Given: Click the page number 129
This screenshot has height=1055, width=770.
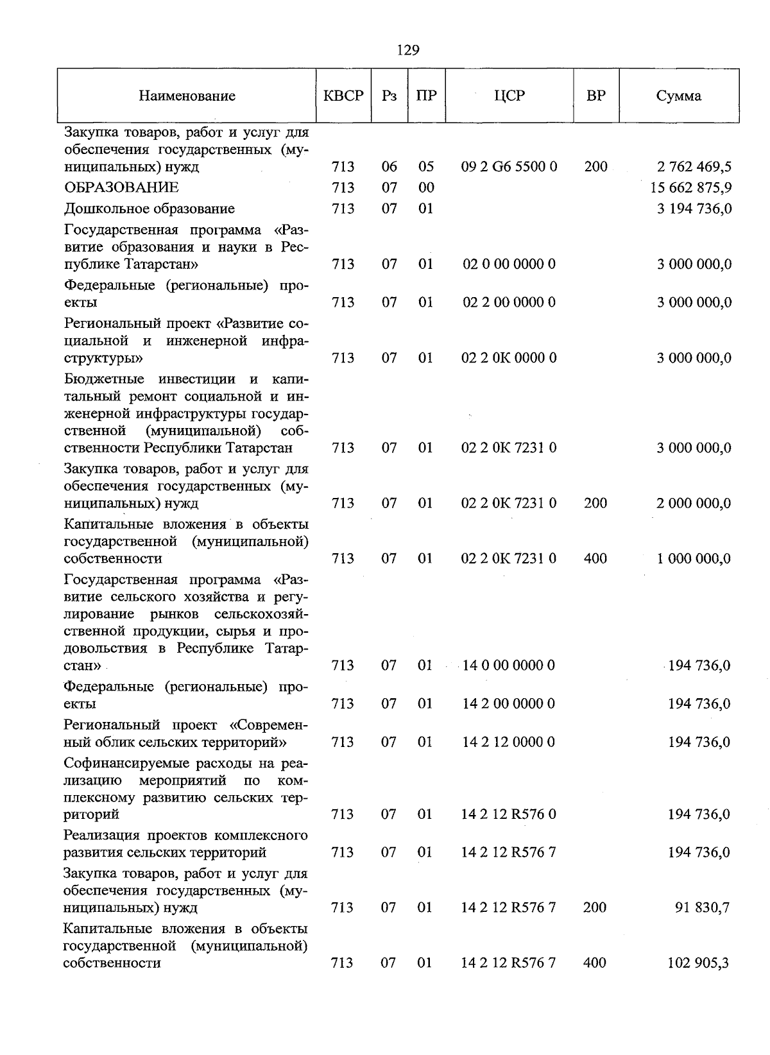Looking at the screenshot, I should coord(408,50).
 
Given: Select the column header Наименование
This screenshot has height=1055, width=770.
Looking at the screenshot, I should coord(187,96).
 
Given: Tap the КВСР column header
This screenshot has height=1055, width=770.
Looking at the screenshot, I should coord(343,96).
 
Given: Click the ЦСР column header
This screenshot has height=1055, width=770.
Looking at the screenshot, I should coord(509,96).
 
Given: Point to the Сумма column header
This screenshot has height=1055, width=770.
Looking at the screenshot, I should coord(678,96).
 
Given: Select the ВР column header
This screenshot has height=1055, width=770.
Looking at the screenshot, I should coord(595,96).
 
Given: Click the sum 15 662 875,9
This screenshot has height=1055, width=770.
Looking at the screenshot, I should coord(691,188).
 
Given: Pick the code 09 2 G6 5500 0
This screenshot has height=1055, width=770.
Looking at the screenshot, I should coord(509,167).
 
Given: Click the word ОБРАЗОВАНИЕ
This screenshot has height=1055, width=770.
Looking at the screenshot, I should coord(121,187).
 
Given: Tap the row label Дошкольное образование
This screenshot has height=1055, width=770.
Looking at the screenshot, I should coord(149,209).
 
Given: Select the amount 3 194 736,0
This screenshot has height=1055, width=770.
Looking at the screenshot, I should coord(694,209).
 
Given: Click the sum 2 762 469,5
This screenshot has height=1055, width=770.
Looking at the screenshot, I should coord(694,167).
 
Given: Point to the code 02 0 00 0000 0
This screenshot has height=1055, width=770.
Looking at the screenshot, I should coord(509,264).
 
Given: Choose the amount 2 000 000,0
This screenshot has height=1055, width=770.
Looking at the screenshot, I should coord(694,503).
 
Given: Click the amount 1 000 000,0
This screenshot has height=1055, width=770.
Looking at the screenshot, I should coord(694,559).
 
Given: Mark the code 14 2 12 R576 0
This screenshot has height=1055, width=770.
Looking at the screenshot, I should coord(509,814).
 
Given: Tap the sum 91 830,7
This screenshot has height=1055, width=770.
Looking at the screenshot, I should coord(703,907).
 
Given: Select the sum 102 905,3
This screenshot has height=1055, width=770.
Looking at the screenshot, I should coord(700,963).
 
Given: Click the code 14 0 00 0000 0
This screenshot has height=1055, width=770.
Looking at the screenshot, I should coord(509,665).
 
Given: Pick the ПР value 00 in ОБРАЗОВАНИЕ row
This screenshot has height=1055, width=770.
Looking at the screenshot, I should coord(426,187).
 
